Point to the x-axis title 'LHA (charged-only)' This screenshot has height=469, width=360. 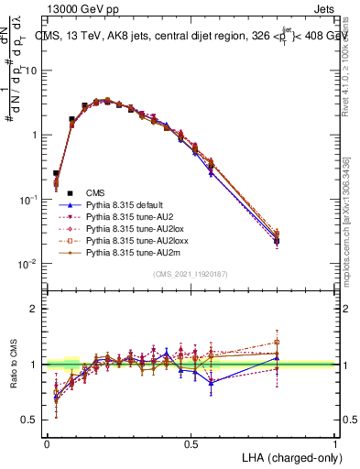tap(290, 456)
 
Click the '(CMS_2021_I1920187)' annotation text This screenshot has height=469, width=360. tap(191, 274)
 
